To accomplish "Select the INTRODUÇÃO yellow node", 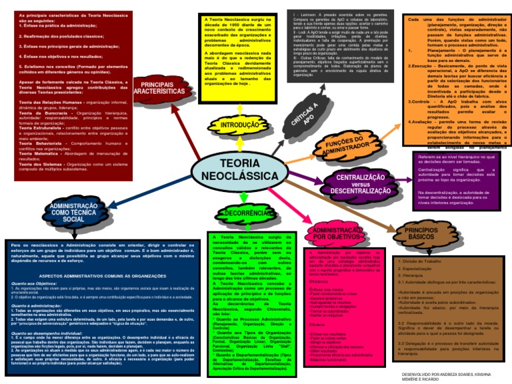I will click(x=239, y=125).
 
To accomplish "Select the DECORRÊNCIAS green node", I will click(x=241, y=213).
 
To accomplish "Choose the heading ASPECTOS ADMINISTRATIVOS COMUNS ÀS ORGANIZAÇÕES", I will click(x=99, y=275).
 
